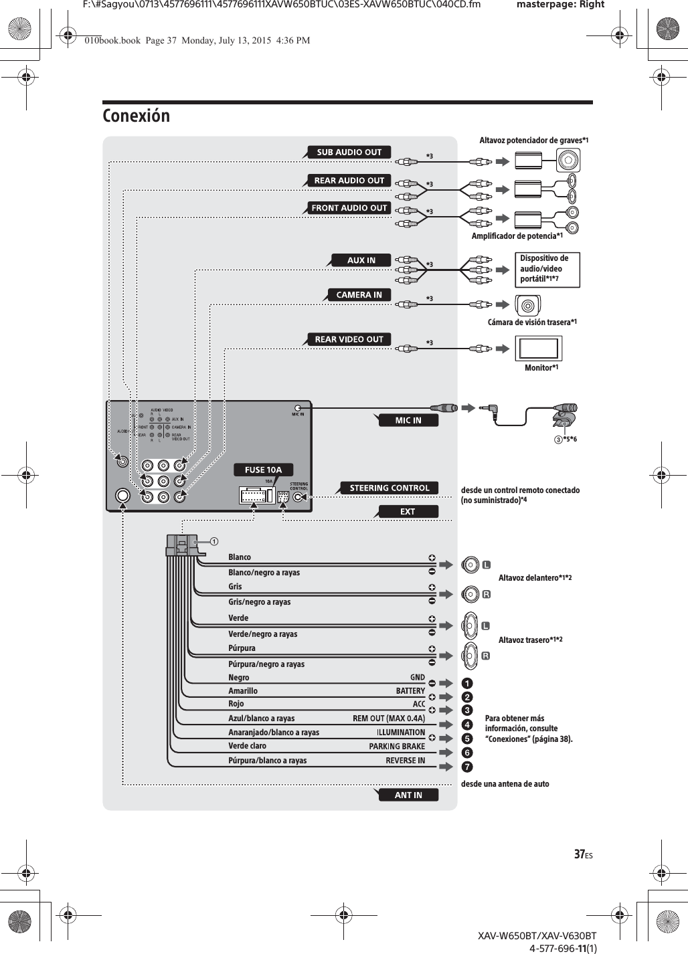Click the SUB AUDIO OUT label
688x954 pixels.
(349, 153)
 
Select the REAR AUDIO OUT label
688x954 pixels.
(349, 180)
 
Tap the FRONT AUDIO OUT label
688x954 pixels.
(349, 208)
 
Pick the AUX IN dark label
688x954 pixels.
(361, 260)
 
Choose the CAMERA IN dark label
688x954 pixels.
(359, 295)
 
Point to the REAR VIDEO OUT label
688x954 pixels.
(349, 340)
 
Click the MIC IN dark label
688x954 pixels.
(408, 420)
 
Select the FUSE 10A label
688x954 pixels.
(264, 470)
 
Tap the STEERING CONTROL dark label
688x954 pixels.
(390, 488)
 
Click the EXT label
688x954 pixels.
(408, 512)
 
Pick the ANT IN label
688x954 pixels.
(408, 795)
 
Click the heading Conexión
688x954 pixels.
(137, 116)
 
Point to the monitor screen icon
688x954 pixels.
(538, 349)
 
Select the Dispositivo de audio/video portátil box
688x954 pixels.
(547, 270)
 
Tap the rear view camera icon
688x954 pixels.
(528, 306)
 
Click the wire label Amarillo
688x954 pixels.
(243, 691)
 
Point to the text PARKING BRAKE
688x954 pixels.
(397, 747)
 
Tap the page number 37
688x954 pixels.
(582, 854)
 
